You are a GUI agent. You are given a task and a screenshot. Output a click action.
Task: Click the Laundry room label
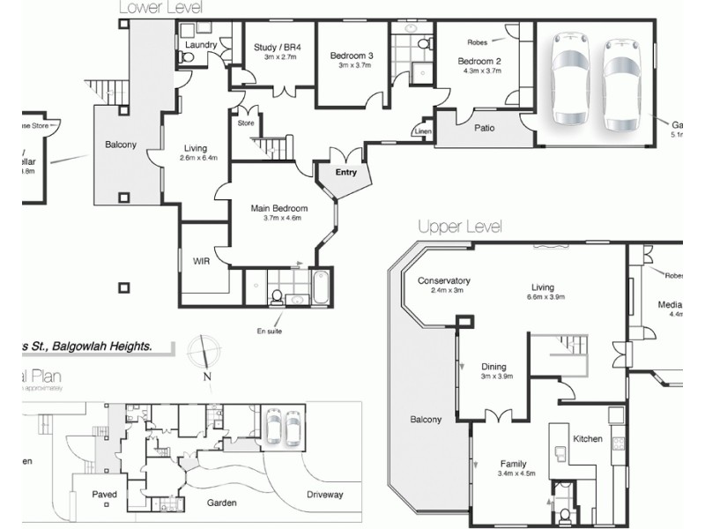202,44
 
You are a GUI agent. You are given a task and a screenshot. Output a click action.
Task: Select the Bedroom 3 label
352,56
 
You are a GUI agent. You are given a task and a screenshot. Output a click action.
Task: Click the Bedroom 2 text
479,61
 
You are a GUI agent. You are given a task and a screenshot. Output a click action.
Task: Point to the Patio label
484,128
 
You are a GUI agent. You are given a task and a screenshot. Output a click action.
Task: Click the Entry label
345,172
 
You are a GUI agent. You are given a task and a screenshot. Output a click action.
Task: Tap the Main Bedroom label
276,208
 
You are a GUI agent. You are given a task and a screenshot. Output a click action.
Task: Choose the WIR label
201,261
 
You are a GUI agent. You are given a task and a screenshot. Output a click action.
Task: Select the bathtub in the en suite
320,288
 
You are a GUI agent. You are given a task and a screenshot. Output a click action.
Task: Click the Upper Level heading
459,227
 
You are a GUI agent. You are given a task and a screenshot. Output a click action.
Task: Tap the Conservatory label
444,281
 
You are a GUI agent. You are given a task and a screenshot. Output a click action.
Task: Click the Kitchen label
588,438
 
